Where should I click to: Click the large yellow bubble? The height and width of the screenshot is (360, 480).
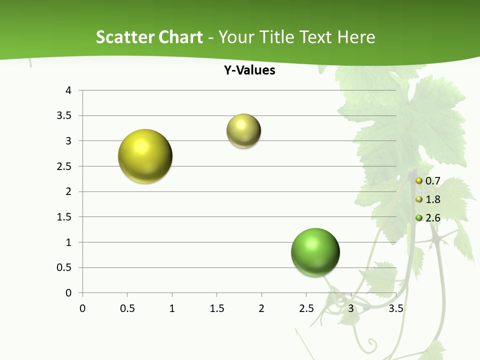[x=145, y=156]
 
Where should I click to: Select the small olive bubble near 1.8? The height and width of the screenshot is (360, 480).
[x=243, y=131]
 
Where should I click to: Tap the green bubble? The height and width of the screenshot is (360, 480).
[x=315, y=252]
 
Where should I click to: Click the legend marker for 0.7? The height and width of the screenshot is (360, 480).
[x=419, y=180]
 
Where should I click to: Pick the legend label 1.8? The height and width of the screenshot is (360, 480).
[x=432, y=199]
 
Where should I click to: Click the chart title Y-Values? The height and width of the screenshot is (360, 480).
[x=249, y=70]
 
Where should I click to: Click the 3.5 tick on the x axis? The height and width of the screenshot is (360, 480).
[x=395, y=308]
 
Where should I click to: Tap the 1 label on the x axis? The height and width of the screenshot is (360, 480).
[x=172, y=308]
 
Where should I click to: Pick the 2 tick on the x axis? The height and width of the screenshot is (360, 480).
[x=261, y=308]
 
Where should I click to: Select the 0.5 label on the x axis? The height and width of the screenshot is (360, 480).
[x=127, y=308]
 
